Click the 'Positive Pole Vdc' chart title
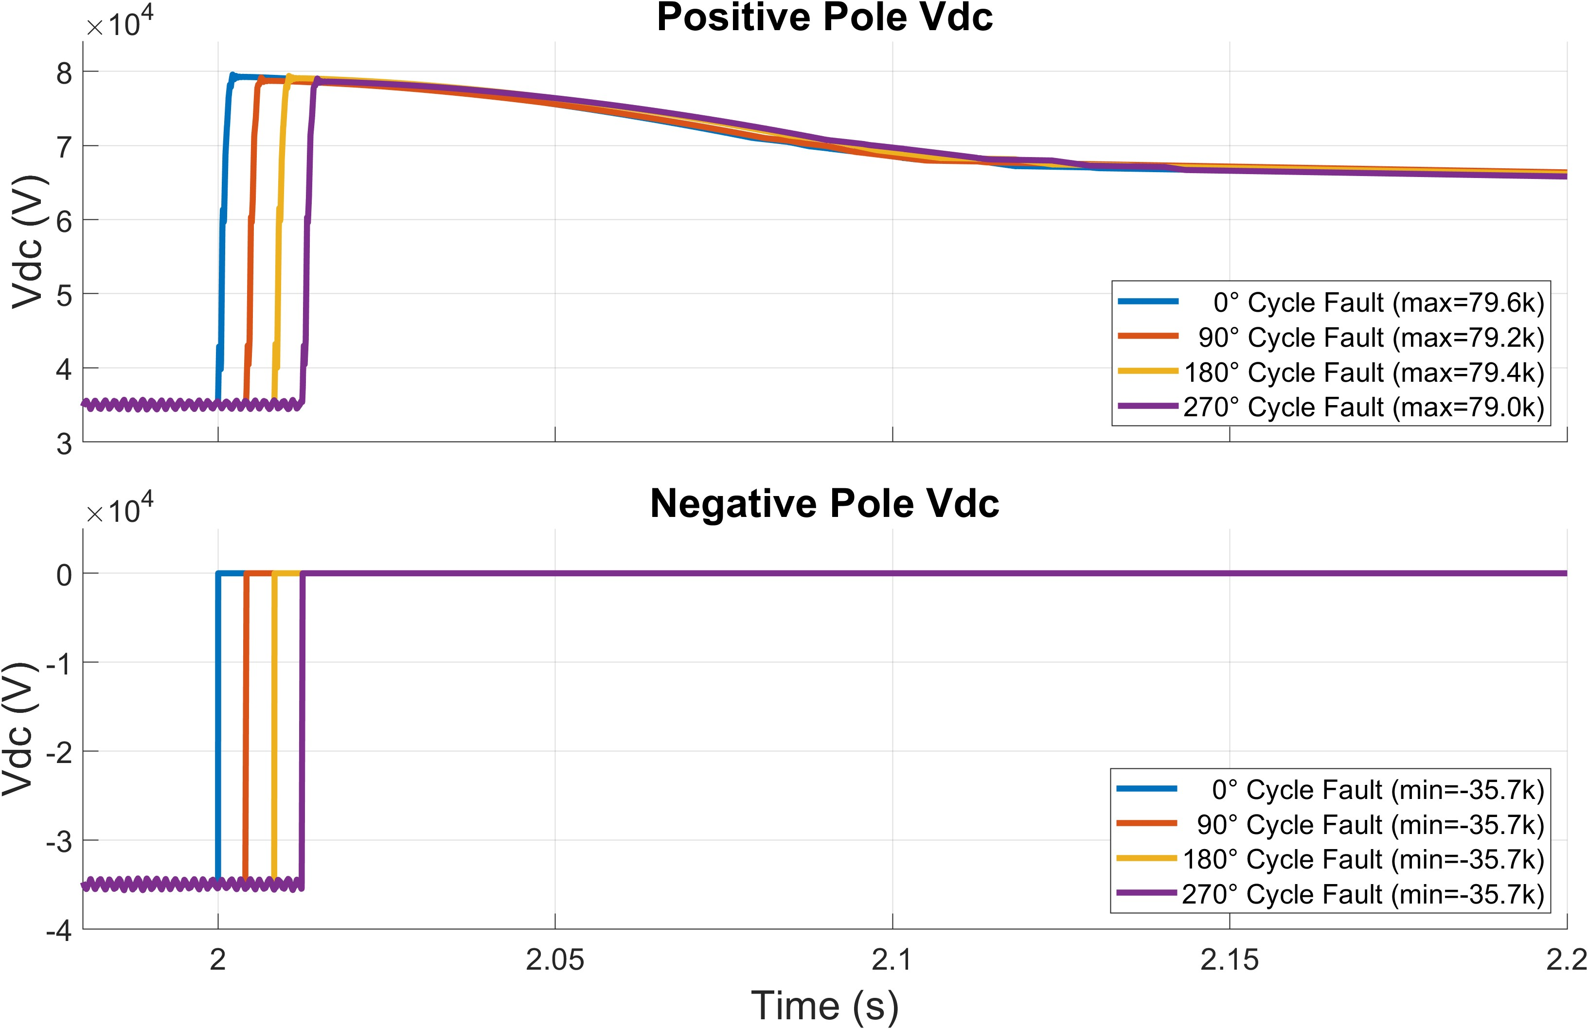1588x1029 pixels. tap(825, 18)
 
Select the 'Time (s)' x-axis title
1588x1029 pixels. tap(825, 1005)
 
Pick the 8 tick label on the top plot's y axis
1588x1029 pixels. tap(64, 73)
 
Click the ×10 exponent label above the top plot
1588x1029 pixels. tap(119, 25)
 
